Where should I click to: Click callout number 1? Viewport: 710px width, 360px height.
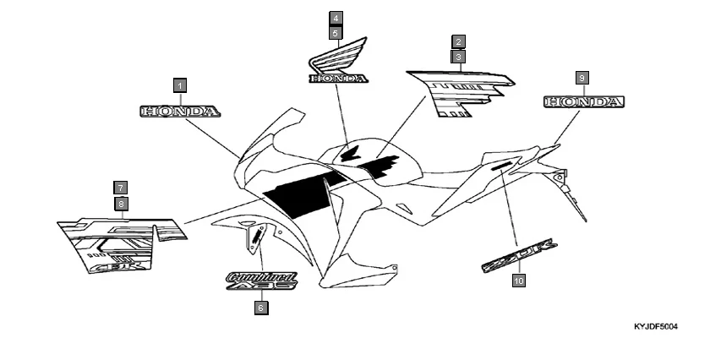click(179, 85)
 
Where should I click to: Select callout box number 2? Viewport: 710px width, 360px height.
click(457, 41)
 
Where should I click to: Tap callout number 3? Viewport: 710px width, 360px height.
click(457, 57)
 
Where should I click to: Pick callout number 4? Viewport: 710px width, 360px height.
click(336, 18)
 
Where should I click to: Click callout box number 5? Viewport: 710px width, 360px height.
click(336, 33)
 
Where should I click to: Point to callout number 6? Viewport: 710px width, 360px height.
click(261, 308)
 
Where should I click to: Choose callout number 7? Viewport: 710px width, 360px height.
click(121, 188)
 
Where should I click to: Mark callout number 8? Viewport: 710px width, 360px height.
click(121, 204)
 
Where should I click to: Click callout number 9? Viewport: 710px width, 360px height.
click(582, 77)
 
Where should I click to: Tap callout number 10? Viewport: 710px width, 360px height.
click(518, 281)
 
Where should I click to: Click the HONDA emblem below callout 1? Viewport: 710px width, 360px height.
click(180, 111)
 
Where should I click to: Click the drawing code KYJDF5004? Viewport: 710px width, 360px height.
click(656, 325)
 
